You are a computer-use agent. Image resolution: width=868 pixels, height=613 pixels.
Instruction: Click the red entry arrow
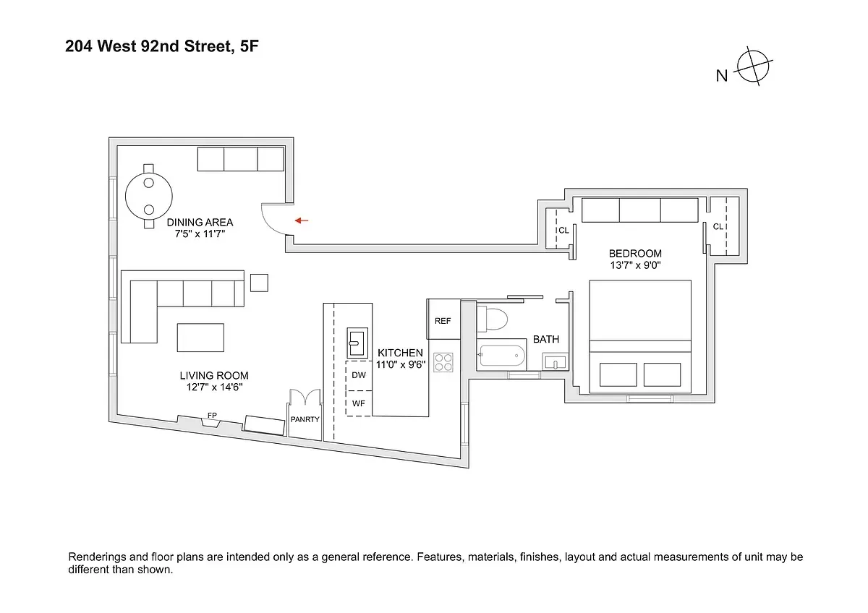pyautogui.click(x=302, y=220)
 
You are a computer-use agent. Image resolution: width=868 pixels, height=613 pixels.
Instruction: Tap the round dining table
pyautogui.click(x=149, y=193)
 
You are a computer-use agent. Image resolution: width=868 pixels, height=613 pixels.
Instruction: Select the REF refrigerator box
pyautogui.click(x=443, y=320)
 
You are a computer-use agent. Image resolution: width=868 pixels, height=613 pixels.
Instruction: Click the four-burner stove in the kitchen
pyautogui.click(x=443, y=362)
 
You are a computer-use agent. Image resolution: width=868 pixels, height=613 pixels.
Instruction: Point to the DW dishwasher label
pyautogui.click(x=359, y=375)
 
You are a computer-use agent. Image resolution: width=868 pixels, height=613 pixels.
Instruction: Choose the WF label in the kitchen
pyautogui.click(x=359, y=403)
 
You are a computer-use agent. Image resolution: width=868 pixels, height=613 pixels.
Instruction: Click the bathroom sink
pyautogui.click(x=555, y=362)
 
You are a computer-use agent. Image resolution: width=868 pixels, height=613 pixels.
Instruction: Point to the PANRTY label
pyautogui.click(x=305, y=419)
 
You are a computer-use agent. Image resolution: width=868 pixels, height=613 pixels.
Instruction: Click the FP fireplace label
pyautogui.click(x=211, y=416)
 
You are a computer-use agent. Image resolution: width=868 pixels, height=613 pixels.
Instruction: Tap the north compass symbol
pyautogui.click(x=753, y=69)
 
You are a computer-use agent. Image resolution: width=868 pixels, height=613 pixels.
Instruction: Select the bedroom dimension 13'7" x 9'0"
pyautogui.click(x=634, y=265)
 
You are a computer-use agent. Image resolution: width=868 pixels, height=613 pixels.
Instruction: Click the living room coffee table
pyautogui.click(x=200, y=338)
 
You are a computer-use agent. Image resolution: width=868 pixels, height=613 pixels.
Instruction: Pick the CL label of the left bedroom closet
pyautogui.click(x=563, y=230)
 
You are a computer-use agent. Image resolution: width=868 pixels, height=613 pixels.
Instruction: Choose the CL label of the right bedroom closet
pyautogui.click(x=718, y=226)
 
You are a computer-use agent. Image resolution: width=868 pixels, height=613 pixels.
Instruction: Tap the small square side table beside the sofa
pyautogui.click(x=259, y=282)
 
